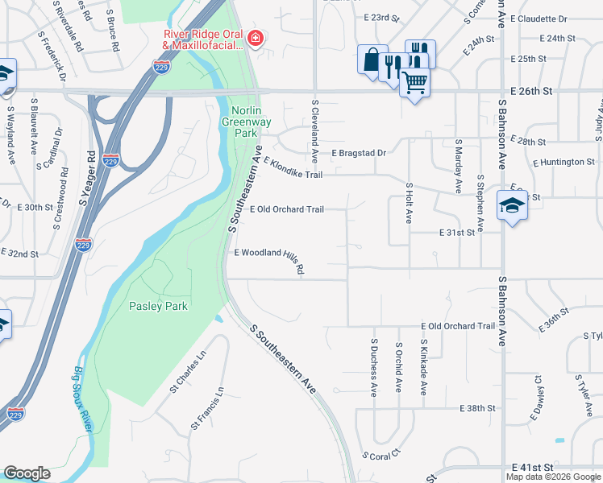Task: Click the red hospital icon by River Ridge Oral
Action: (x=255, y=38)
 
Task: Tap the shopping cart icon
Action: (x=414, y=81)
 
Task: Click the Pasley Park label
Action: (x=158, y=306)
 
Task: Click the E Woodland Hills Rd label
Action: (x=268, y=258)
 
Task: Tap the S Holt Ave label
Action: (x=409, y=201)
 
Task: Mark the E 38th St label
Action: (x=477, y=409)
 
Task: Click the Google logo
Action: (x=27, y=473)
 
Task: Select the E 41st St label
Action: (x=533, y=467)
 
